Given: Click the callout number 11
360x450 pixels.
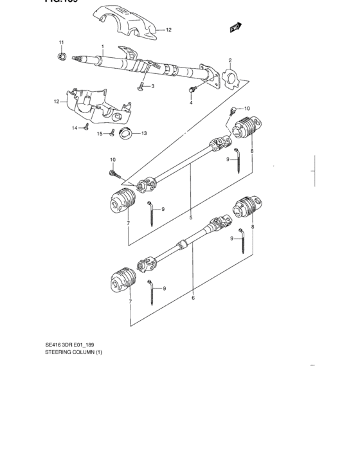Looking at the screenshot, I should click(x=62, y=42).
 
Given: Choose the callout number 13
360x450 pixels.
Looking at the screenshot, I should click(x=144, y=134).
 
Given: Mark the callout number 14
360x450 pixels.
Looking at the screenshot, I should click(x=75, y=128).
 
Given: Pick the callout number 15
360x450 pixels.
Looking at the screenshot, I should click(x=100, y=134).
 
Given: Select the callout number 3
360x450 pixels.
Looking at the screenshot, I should click(x=152, y=85).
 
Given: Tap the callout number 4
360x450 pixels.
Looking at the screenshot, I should click(x=191, y=102).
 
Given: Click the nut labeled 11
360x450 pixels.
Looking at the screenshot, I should click(x=62, y=57).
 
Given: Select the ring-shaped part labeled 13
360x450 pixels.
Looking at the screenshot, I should click(x=125, y=134).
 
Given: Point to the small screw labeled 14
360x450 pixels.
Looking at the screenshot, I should click(x=84, y=128).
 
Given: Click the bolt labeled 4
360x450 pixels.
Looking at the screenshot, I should click(x=192, y=89).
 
